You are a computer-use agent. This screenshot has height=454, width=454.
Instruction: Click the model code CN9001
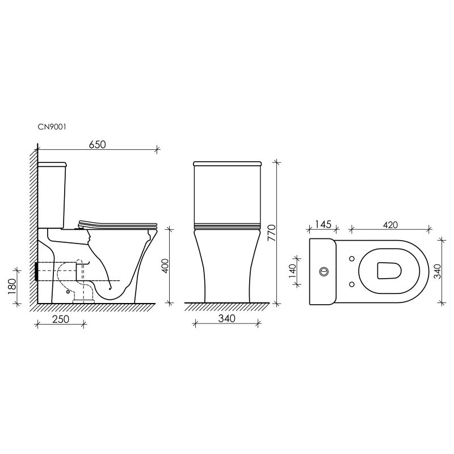coord(53,128)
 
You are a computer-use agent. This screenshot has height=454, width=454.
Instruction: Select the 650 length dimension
coord(97,144)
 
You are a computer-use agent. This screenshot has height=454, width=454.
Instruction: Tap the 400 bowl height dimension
coord(165,266)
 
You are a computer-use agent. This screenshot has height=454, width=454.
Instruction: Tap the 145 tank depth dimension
coord(322,225)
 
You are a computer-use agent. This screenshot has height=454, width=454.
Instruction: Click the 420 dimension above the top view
coord(389,225)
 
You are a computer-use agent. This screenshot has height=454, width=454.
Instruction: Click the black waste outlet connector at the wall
coord(37,272)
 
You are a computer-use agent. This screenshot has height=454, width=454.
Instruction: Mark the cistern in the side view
coord(53,193)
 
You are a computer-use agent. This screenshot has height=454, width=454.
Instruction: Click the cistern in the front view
coord(226,193)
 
